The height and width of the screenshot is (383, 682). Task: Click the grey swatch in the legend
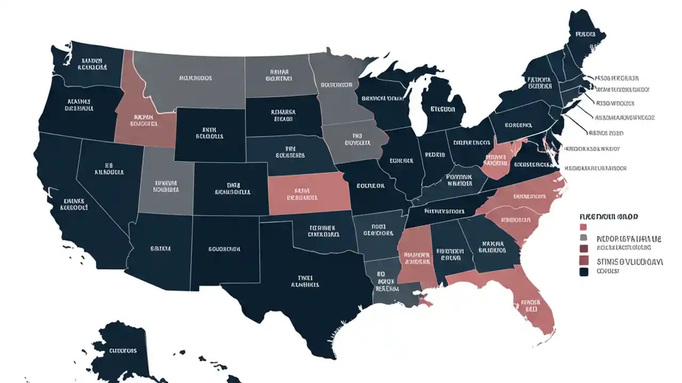coord(583,238)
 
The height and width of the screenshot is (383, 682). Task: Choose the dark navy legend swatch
coord(583,272)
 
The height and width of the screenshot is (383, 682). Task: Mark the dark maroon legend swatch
coord(583,248)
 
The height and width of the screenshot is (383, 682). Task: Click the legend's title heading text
coord(608,217)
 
